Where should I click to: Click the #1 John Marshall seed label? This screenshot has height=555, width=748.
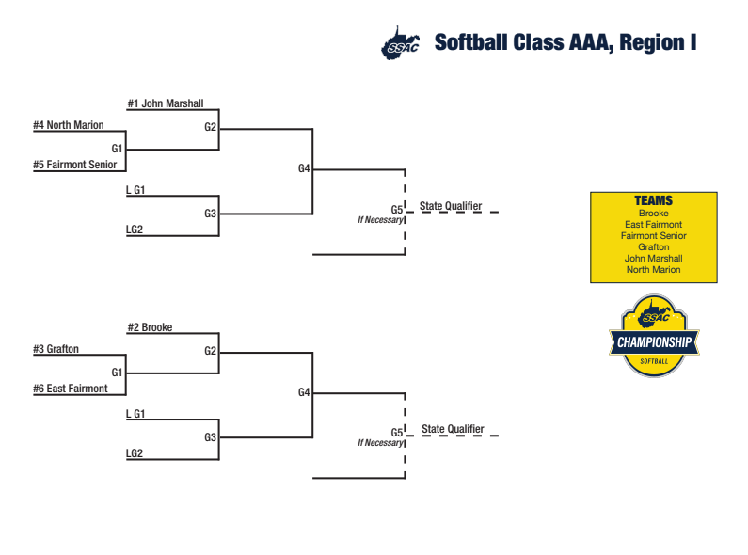(166, 103)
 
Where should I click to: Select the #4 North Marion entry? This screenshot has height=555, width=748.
(69, 125)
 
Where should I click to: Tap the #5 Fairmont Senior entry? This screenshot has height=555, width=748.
(75, 165)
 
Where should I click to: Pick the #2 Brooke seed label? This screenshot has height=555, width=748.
(150, 327)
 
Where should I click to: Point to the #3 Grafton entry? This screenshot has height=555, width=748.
(56, 349)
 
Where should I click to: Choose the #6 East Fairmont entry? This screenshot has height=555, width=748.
(71, 388)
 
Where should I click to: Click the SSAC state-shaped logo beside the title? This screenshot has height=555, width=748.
(400, 43)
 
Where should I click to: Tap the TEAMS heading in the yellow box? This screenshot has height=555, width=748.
(654, 200)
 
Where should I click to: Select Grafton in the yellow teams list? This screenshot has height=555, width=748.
(654, 247)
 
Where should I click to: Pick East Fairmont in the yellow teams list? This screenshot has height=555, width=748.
(654, 224)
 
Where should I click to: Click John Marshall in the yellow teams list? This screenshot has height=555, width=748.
(654, 259)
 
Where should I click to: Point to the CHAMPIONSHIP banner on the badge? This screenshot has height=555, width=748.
(654, 342)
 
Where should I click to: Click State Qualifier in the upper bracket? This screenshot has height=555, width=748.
(451, 206)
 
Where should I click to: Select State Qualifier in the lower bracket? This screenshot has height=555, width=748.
(453, 429)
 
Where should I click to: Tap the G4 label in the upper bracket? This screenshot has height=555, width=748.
(304, 168)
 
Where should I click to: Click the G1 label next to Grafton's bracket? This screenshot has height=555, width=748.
(117, 373)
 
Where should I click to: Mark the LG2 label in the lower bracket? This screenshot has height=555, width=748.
(134, 453)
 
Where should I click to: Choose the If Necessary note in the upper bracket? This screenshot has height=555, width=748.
(380, 220)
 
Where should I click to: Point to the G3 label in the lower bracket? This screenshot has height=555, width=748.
(211, 437)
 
